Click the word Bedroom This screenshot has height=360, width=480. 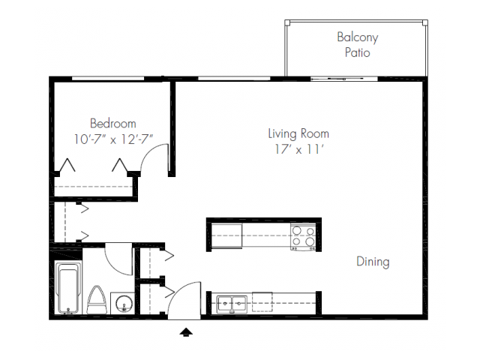(x=112, y=124)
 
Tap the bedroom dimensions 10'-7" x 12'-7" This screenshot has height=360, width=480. (x=112, y=139)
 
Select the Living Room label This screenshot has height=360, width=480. (x=298, y=134)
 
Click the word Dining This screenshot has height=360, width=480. (x=372, y=262)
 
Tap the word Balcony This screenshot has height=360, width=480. (x=357, y=37)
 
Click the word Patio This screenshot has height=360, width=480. (x=357, y=52)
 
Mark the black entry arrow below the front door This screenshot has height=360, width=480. (x=186, y=330)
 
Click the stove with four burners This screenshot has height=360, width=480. (x=303, y=236)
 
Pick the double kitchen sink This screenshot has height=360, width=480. (x=232, y=304)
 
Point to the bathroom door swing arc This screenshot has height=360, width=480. (x=118, y=258)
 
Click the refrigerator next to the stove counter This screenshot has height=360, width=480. (x=227, y=235)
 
